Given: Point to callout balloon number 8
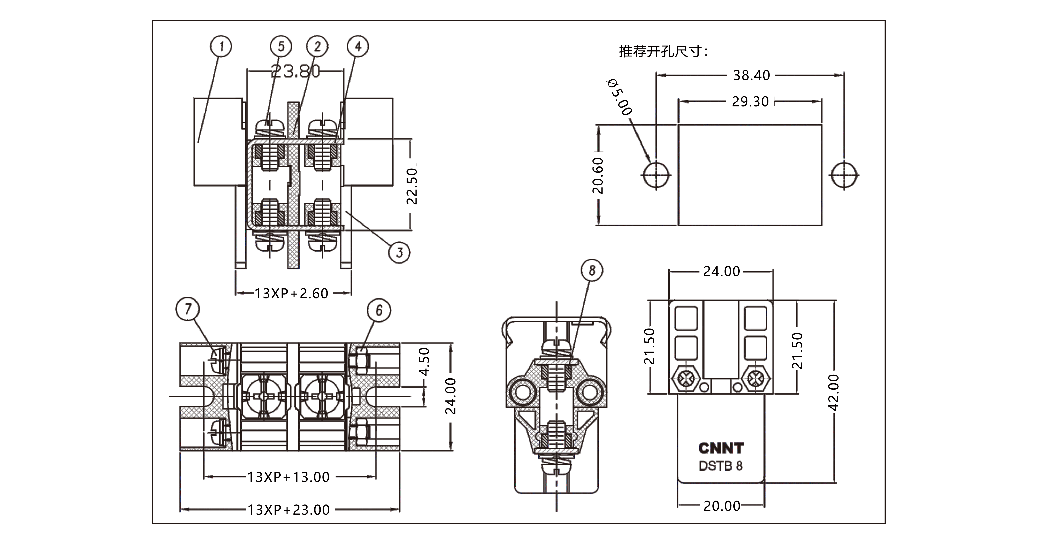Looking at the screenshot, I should click(592, 270).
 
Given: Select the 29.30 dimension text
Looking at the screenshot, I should click(750, 102).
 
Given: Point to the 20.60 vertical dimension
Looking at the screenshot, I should click(598, 175).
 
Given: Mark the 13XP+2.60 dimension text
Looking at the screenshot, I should click(291, 294).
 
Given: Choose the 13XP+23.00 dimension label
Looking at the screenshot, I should click(289, 510).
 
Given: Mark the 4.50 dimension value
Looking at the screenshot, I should click(424, 362).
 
